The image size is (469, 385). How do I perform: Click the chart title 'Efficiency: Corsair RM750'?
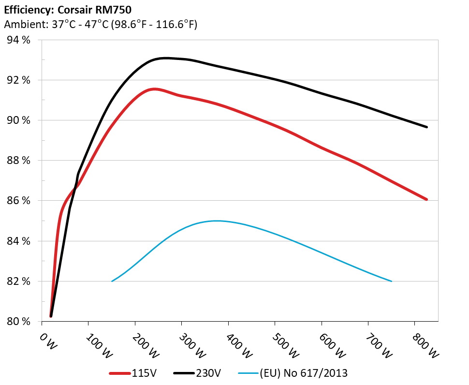click(x=67, y=10)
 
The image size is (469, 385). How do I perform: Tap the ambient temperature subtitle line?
click(x=100, y=25)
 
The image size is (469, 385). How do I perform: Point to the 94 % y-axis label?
click(x=19, y=40)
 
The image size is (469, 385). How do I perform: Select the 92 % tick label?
click(x=19, y=80)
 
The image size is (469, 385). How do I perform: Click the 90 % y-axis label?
click(x=19, y=120)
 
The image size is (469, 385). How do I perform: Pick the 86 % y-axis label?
click(x=19, y=201)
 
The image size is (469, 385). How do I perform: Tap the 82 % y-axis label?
click(x=19, y=281)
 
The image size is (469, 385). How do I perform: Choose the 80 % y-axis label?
click(x=19, y=321)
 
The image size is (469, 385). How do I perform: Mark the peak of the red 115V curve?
click(x=154, y=89)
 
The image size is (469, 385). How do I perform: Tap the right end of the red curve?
click(x=427, y=199)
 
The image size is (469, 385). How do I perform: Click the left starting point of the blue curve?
click(x=112, y=281)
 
